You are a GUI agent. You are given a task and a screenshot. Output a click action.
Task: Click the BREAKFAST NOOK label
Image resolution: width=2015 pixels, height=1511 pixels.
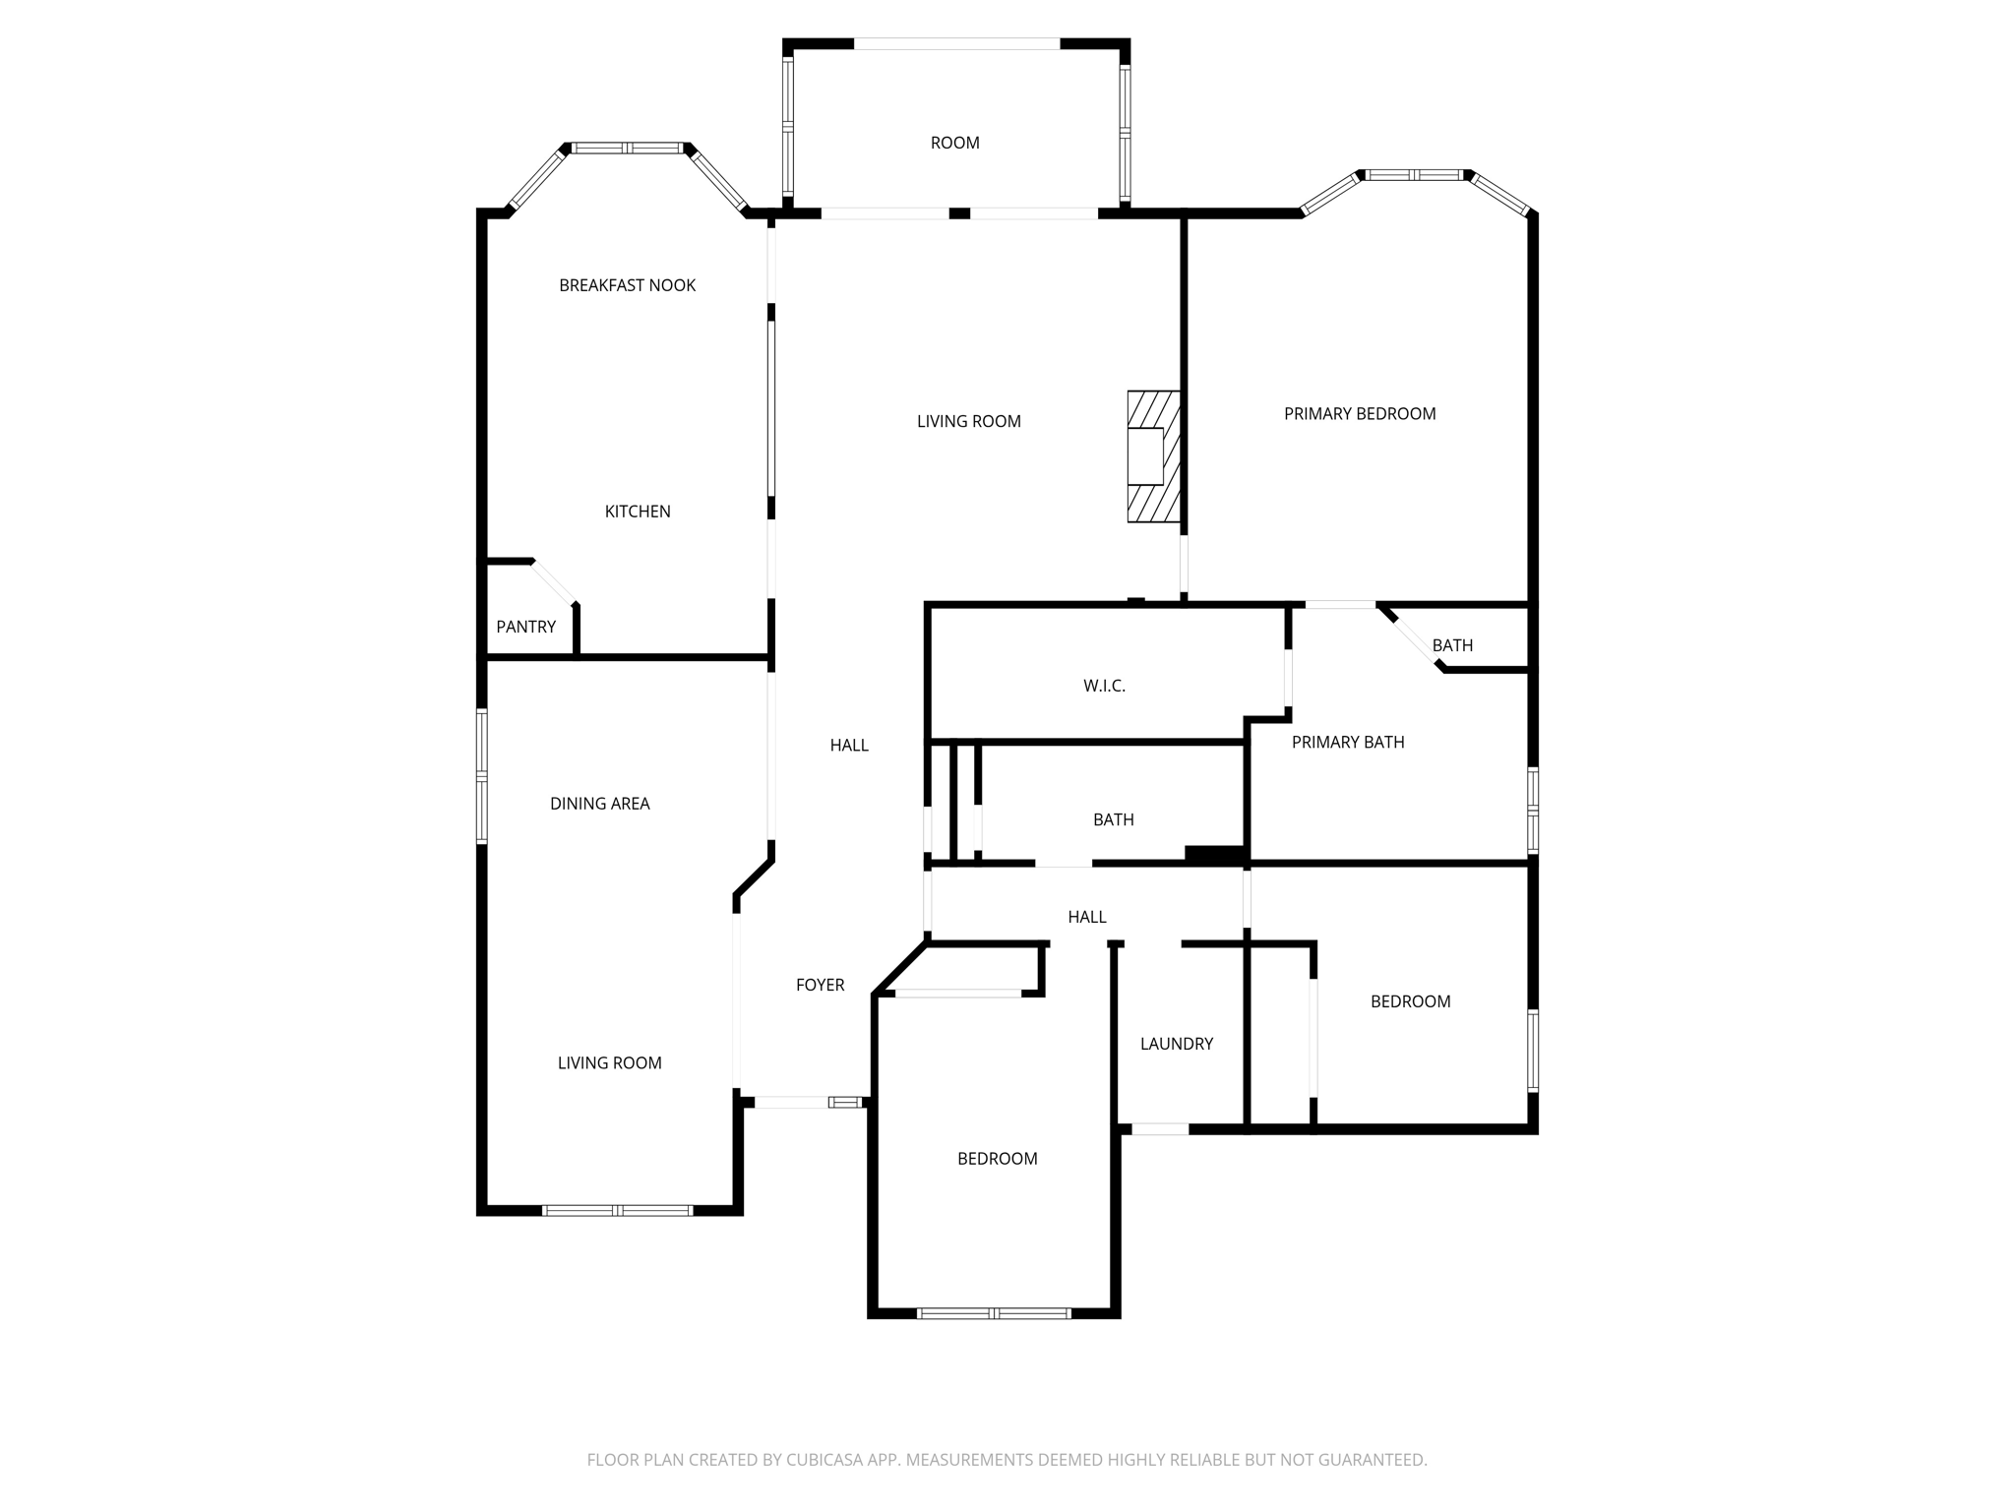tap(627, 285)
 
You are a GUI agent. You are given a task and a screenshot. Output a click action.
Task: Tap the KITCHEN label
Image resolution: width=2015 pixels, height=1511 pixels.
tap(638, 512)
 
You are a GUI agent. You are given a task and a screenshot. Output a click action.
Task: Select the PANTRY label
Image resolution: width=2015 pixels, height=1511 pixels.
tap(525, 627)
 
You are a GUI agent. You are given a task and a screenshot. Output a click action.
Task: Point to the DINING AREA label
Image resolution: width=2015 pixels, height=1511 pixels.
tap(599, 804)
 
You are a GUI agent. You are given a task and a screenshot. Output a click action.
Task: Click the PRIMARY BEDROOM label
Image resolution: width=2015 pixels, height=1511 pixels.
tap(1360, 414)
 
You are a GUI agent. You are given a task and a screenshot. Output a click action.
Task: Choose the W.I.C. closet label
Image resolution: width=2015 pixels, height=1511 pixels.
tap(1104, 686)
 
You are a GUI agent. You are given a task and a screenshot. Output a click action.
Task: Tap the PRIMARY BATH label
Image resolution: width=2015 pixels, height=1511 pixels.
tap(1348, 743)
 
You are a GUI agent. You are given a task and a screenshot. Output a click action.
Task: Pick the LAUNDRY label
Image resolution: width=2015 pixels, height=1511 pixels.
tap(1177, 1044)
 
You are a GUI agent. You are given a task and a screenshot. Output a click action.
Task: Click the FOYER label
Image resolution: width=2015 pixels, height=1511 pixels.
tap(820, 985)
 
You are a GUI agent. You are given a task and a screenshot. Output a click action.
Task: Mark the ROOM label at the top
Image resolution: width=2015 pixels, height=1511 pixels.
tap(954, 143)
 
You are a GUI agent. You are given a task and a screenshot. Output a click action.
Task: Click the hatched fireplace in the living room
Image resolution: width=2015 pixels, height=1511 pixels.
tap(1153, 456)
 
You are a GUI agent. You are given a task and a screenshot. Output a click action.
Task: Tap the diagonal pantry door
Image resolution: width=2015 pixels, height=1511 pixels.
tap(554, 582)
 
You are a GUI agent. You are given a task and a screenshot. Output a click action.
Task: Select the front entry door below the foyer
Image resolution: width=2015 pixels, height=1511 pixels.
tap(792, 1103)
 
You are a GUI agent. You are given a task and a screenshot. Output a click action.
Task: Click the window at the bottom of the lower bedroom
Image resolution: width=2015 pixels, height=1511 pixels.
tap(994, 1313)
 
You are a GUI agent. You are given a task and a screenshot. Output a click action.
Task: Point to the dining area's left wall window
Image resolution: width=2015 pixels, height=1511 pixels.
tap(482, 777)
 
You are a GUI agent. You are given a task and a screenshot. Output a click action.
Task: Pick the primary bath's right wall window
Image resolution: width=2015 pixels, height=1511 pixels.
tap(1533, 811)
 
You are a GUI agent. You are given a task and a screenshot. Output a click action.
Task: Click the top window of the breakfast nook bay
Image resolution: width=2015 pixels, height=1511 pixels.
tap(627, 149)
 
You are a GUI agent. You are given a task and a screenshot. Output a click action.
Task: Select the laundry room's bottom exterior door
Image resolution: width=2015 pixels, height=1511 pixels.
tap(1160, 1129)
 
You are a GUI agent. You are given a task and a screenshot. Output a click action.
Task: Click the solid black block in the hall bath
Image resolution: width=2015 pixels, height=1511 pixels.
tap(1215, 855)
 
